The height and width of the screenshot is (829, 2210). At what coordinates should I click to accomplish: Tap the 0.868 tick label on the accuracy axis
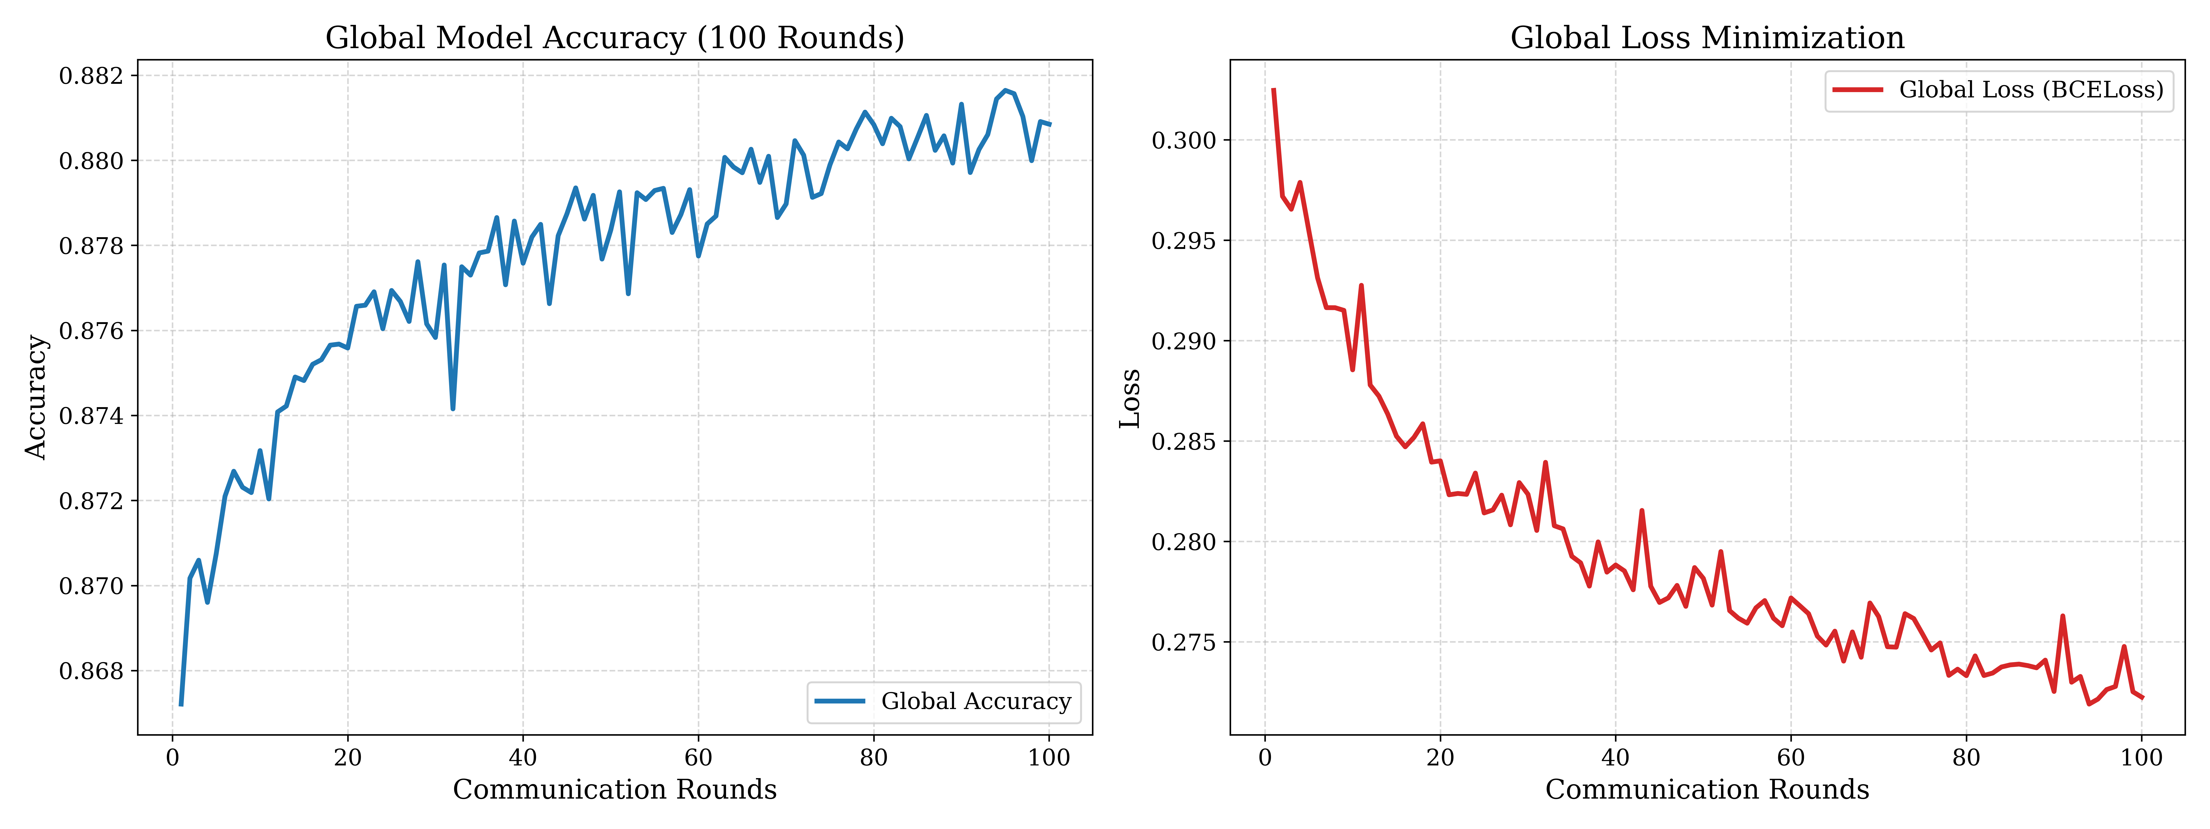(x=91, y=671)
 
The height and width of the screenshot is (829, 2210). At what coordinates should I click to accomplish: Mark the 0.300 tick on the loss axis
(x=1184, y=140)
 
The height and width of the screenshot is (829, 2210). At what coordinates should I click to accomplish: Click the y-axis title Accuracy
(x=36, y=397)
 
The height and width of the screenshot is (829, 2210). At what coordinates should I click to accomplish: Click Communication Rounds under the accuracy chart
(x=614, y=790)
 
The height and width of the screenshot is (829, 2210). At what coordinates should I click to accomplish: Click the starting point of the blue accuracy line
(x=181, y=705)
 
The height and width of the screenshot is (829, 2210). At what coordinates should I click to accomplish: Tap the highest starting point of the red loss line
(x=1274, y=89)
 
